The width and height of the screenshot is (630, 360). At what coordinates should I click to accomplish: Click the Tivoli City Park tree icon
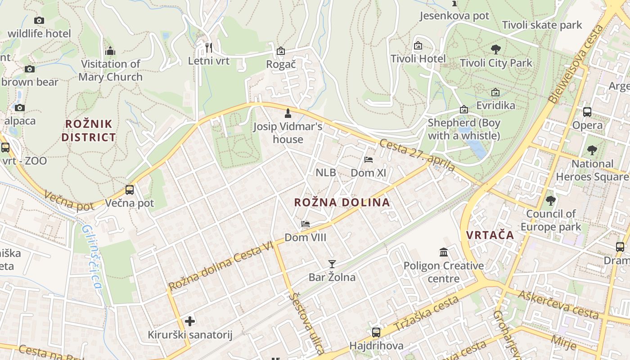(496, 49)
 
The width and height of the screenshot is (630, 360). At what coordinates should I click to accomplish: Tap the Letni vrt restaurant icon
(208, 47)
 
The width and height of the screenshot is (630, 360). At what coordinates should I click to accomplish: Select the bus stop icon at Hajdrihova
(376, 333)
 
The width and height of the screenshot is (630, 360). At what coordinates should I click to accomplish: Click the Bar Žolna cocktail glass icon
(332, 264)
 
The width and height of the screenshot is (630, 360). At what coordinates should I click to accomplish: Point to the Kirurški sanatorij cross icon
(190, 321)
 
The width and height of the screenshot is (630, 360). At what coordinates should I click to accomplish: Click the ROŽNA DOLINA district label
(342, 202)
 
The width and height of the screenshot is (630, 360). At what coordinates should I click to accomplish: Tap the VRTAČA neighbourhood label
(490, 235)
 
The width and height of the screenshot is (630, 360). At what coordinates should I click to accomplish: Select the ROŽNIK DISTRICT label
(89, 130)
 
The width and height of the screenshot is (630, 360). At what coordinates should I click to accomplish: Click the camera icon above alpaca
(19, 108)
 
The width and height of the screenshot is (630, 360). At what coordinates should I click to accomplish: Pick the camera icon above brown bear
(30, 69)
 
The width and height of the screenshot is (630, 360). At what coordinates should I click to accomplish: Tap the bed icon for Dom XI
(369, 160)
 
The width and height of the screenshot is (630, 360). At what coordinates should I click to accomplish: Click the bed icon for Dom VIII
(306, 224)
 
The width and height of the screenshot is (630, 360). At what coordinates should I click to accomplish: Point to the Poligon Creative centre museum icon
(444, 252)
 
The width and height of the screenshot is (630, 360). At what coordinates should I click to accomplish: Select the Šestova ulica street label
(307, 323)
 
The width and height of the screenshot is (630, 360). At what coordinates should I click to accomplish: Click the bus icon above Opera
(587, 112)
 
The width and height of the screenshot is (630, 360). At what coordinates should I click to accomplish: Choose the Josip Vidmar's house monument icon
(288, 113)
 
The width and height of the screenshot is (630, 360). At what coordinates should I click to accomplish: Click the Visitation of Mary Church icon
(110, 51)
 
